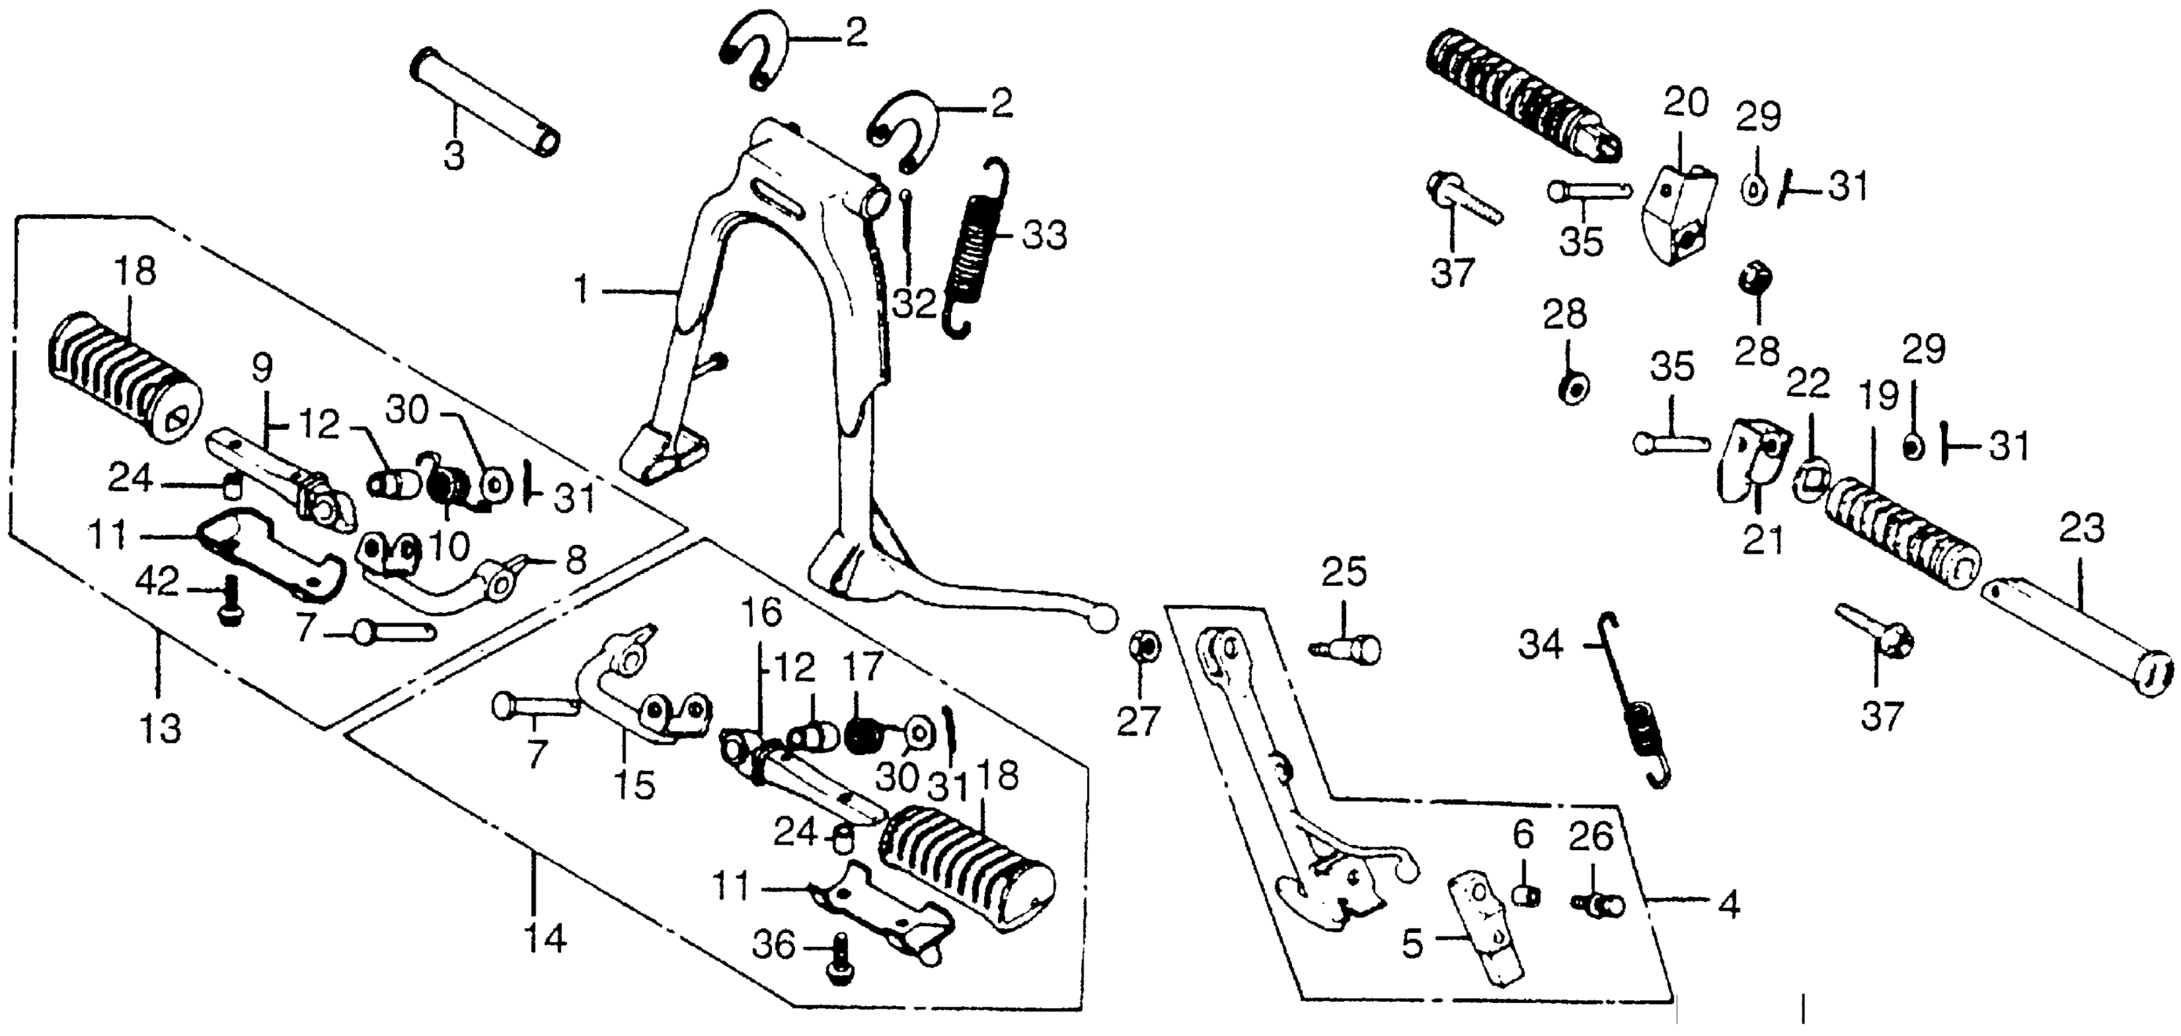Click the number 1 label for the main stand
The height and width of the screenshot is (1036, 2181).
coord(581,291)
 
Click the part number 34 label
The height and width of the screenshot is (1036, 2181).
coord(1540,647)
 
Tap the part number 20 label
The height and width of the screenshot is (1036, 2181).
coord(1685,104)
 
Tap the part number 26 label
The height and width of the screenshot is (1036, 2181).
coord(1591,837)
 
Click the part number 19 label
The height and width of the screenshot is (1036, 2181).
coord(1878,397)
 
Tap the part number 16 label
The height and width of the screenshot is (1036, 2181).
coord(761,613)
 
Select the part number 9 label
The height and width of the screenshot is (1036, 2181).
coord(262,369)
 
